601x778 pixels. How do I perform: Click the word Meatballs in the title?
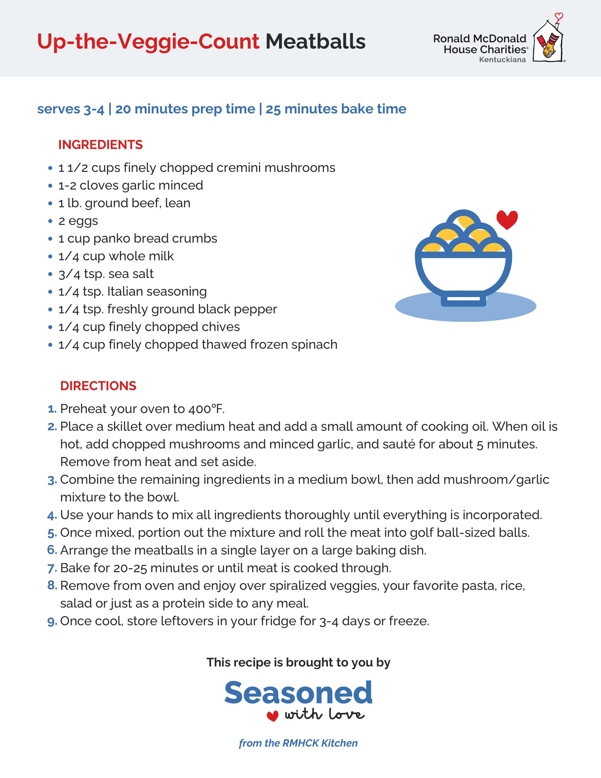point(315,42)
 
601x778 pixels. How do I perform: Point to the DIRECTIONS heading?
point(98,386)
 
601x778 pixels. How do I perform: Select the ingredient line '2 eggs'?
point(78,221)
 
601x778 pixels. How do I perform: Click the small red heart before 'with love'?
point(272,716)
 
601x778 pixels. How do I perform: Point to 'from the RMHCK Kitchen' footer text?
point(298,743)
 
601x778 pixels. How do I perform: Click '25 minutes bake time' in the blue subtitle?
point(336,109)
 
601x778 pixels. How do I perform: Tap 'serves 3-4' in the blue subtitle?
point(70,109)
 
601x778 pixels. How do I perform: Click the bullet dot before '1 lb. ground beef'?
point(50,203)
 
